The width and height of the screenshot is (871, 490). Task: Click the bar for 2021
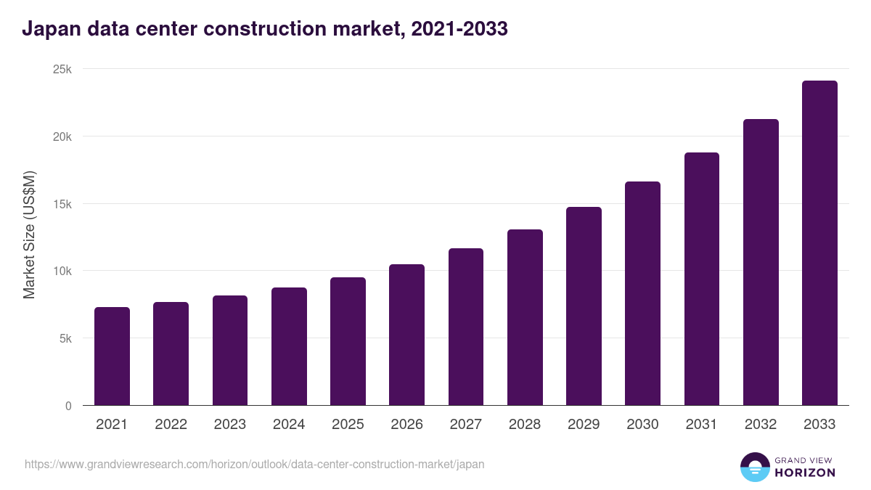point(112,356)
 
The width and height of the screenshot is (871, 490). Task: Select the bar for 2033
point(819,243)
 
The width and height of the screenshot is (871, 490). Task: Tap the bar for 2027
point(466,327)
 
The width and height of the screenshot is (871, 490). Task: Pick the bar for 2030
point(642,293)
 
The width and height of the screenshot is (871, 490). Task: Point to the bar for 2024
point(289,346)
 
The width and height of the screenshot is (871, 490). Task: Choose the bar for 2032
point(761,262)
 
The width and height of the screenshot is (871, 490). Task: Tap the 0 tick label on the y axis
point(68,406)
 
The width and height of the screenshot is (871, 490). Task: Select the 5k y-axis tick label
point(65,338)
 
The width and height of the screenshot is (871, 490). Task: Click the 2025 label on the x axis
point(348,425)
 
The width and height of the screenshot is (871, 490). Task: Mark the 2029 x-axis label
point(584,425)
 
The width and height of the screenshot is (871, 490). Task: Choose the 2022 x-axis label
point(171,425)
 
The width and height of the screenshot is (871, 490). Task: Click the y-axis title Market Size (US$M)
point(29,235)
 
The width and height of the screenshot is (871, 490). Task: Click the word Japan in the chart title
point(49,30)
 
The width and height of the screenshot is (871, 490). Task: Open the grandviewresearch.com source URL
point(254,464)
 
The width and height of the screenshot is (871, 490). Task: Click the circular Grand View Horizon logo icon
point(754,467)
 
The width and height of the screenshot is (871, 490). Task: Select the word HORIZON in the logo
point(805,473)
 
